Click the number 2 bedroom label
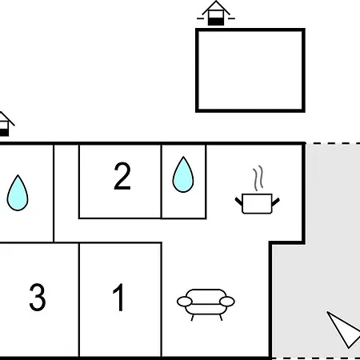122,176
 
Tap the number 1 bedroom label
118,297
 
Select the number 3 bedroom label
38,297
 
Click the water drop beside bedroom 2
183,174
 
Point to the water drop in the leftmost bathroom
18,193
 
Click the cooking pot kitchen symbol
258,204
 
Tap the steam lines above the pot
258,178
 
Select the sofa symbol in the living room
206,305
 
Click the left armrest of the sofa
185,302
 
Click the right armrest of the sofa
227,302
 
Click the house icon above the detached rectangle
216,14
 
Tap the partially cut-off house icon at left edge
5,124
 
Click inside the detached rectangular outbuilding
250,70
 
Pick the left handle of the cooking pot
239,202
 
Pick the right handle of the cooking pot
276,202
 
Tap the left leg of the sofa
192,318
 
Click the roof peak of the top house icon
216,2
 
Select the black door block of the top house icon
216,22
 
